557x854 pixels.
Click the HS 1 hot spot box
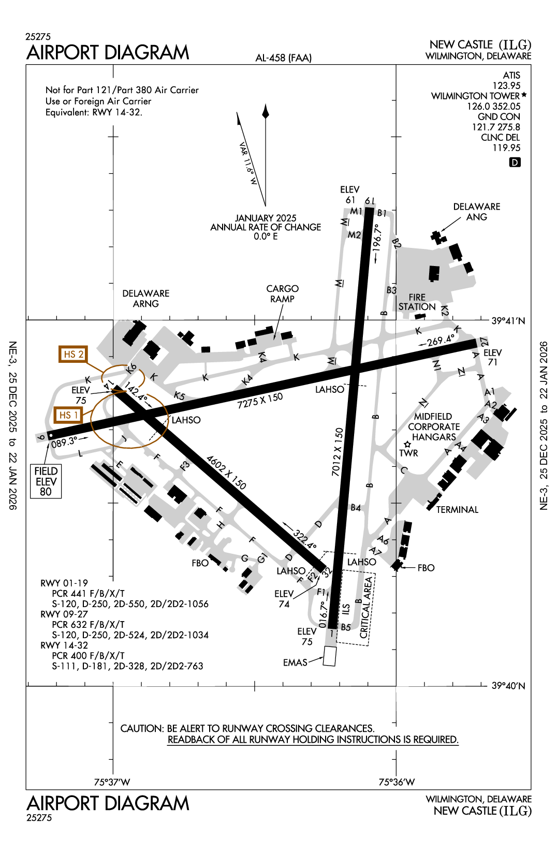pos(68,415)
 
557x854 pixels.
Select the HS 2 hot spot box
pos(72,354)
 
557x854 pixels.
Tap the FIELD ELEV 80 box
pos(46,481)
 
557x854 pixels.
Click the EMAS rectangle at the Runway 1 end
pos(329,656)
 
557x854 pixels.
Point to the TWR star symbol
pos(407,445)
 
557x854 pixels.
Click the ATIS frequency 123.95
pos(506,86)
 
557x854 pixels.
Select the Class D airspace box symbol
pos(515,163)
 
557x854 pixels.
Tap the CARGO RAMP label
pos(282,293)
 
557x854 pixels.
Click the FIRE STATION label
pos(417,302)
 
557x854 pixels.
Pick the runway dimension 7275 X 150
pos(260,400)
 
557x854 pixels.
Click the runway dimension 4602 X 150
pos(226,472)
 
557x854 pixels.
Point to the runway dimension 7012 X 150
pos(338,451)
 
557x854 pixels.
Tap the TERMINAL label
pos(457,510)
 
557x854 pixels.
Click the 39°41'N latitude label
pos(508,321)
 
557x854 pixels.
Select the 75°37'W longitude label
pos(112,782)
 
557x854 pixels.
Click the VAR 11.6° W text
pos(248,164)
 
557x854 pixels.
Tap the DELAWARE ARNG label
pos(146,299)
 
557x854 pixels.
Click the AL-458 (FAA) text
pos(283,58)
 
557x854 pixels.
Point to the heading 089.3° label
pos(64,443)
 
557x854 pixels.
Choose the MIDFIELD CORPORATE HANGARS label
pos(434,427)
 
